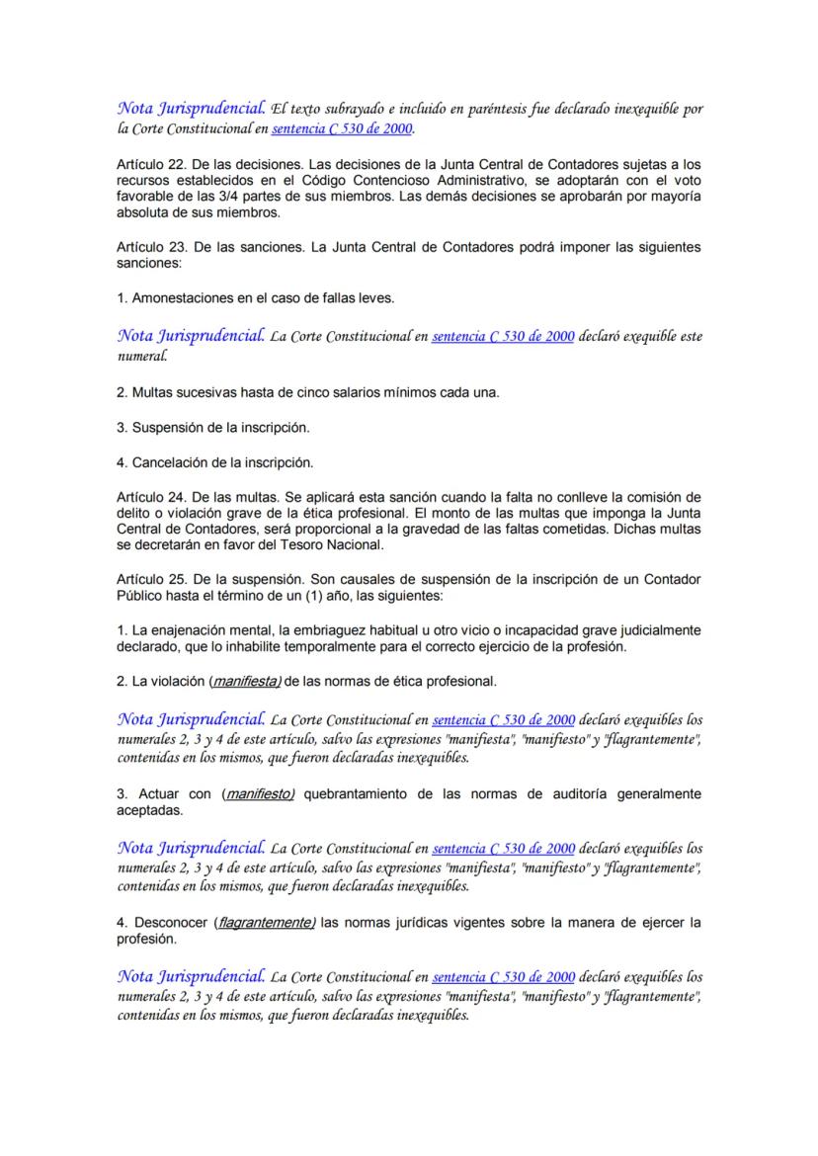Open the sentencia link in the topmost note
(x=343, y=128)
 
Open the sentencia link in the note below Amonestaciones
(x=503, y=336)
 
